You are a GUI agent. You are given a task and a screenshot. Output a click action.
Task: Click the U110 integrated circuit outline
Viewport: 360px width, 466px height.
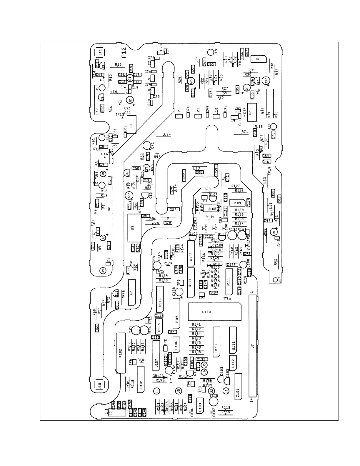coord(214,312)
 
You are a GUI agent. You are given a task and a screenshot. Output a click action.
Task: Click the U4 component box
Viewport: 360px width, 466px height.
coord(258,59)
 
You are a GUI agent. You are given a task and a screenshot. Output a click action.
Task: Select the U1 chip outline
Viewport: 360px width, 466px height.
coord(131,125)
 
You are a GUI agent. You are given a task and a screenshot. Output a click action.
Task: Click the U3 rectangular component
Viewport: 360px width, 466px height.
coord(134,228)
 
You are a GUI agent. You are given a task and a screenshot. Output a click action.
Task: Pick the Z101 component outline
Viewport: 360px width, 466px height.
coord(238,387)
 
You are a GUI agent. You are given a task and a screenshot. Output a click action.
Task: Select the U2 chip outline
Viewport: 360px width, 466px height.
coord(251,112)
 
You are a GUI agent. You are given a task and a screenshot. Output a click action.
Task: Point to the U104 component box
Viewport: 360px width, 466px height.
coord(237,203)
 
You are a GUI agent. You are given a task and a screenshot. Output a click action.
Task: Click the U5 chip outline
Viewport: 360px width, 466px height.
coord(132,292)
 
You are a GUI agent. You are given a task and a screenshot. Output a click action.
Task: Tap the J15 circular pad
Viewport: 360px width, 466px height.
coord(211,53)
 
